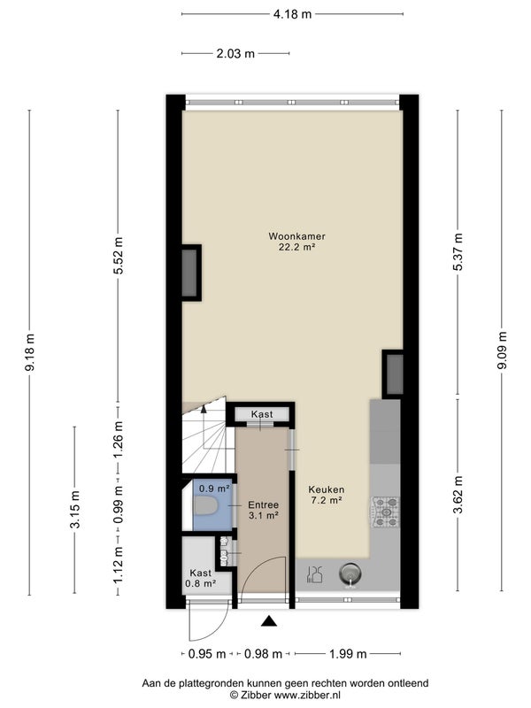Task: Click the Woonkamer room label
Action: pos(296,236)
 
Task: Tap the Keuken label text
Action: pos(326,489)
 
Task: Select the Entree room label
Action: pos(263,504)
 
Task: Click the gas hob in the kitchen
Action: pos(386,512)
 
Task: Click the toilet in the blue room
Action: pos(206,506)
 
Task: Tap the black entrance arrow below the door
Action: pos(269,621)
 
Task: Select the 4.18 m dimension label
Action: pos(292,14)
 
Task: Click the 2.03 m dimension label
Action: pos(235,54)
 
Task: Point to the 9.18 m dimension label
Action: pos(30,352)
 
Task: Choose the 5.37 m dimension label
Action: pos(458,251)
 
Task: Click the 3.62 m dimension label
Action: pos(458,495)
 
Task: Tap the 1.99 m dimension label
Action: pos(348,654)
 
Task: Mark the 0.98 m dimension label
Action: pos(263,654)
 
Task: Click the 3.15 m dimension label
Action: pos(75,509)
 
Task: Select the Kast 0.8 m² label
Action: pos(201,578)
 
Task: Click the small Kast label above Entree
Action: pos(262,414)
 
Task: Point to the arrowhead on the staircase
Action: pos(204,409)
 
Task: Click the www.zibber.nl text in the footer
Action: pos(307,695)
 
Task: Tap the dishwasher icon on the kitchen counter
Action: pos(314,574)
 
